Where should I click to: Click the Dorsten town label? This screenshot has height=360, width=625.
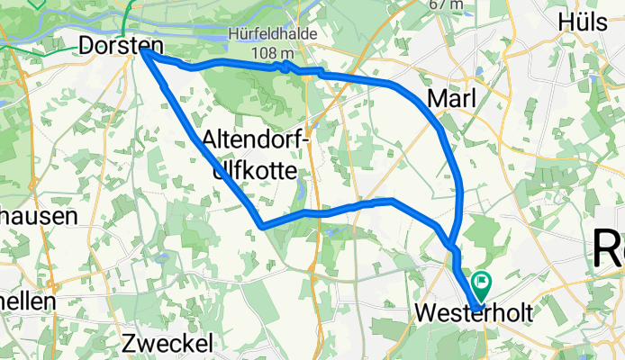121,45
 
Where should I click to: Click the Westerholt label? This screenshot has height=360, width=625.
474,313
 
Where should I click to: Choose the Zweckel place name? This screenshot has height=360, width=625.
168,343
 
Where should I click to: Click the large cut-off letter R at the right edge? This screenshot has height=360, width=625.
610,246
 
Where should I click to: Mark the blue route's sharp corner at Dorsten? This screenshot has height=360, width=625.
144,52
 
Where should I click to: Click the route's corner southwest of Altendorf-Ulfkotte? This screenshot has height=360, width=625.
261,225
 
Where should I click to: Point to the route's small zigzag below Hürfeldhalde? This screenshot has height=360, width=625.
285,66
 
